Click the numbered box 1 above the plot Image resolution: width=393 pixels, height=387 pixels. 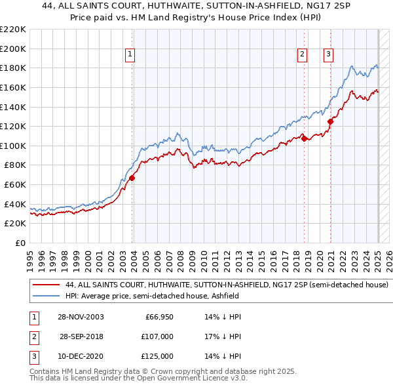(130, 55)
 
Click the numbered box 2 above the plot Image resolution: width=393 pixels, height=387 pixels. (302, 55)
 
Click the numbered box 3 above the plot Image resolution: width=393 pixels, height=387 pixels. (327, 55)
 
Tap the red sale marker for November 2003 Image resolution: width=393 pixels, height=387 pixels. (132, 177)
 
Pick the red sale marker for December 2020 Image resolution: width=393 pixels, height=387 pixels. (331, 121)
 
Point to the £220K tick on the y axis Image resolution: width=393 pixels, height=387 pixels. (13, 30)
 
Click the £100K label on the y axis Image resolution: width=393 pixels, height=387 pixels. (13, 146)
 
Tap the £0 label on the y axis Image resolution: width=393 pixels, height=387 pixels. (20, 243)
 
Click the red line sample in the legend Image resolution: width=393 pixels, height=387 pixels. (46, 285)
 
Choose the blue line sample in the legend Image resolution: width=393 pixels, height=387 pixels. (46, 296)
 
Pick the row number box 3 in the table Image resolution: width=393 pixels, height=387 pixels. (32, 356)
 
